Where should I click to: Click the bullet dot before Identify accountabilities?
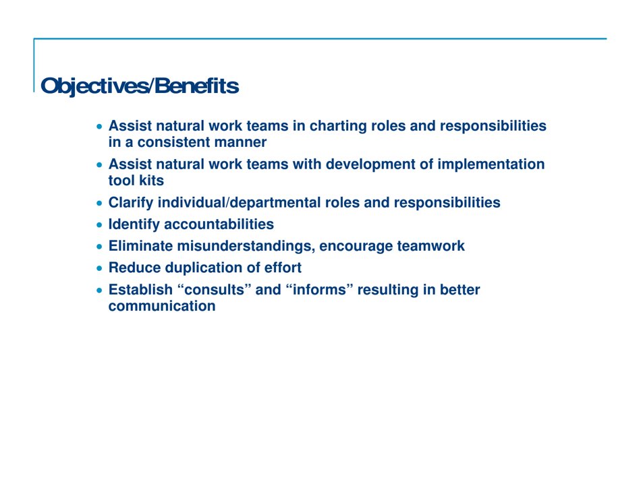101,224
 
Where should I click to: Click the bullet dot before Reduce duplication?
101,268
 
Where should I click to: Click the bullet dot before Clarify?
101,202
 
